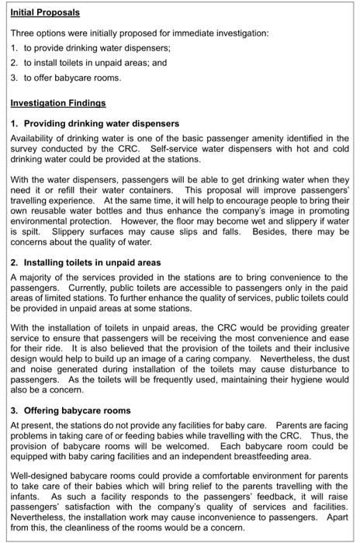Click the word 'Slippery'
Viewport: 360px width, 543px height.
(x=70, y=231)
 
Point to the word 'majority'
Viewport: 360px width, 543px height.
(x=38, y=277)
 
